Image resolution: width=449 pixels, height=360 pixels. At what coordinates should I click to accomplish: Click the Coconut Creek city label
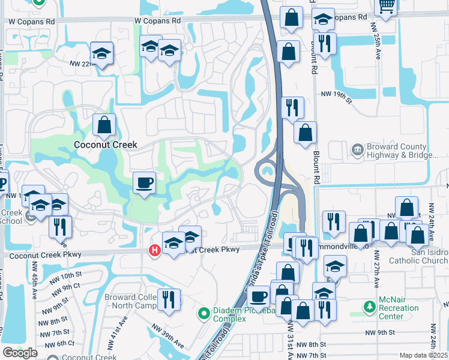pyautogui.click(x=105, y=145)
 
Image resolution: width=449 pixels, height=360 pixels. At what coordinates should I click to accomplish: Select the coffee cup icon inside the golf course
pyautogui.click(x=144, y=182)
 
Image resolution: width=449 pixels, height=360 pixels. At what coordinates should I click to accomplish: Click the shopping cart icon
pyautogui.click(x=386, y=6)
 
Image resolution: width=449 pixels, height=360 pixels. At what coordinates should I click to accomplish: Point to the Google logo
pyautogui.click(x=20, y=353)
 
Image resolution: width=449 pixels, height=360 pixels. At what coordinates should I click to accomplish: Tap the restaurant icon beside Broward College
pyautogui.click(x=169, y=299)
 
